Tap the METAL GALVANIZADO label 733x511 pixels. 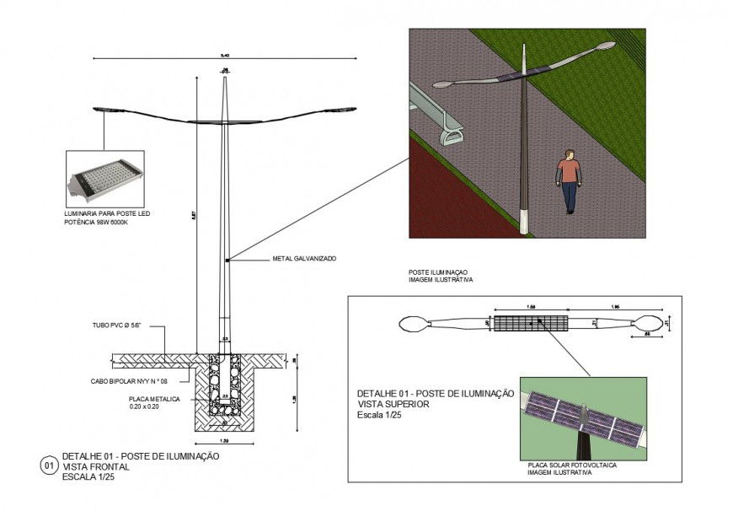[x=304, y=259]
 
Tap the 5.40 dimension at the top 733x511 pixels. [x=224, y=55]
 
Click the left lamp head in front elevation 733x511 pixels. [x=104, y=110]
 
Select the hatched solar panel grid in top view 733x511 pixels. [x=531, y=323]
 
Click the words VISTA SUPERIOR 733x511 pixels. [x=393, y=404]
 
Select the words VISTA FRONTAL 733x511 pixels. [x=94, y=466]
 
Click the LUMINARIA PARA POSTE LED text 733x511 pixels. [x=108, y=215]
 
